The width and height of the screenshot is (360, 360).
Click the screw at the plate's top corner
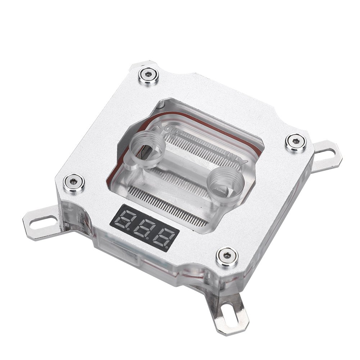pyautogui.click(x=148, y=76)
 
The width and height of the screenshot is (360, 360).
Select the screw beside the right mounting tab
pyautogui.click(x=296, y=142)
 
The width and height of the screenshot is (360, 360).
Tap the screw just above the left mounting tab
pyautogui.click(x=74, y=182)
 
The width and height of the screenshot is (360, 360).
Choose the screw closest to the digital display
pyautogui.click(x=227, y=256)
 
